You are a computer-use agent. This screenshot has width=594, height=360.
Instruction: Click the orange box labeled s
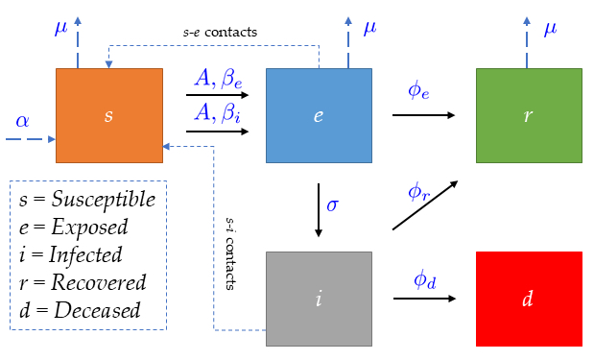click(108, 115)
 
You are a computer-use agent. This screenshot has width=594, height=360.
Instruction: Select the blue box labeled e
click(319, 115)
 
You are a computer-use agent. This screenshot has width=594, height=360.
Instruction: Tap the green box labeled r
click(528, 115)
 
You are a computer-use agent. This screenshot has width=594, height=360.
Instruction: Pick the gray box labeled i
click(319, 299)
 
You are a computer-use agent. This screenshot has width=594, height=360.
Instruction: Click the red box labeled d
click(528, 299)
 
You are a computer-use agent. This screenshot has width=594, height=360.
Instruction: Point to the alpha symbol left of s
click(22, 122)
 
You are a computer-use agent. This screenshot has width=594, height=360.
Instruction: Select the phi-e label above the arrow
click(418, 91)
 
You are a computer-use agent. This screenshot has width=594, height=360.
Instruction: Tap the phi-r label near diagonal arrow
click(418, 192)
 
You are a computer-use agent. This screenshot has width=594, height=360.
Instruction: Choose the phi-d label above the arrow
click(424, 279)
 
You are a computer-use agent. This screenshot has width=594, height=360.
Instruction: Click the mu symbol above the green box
click(550, 29)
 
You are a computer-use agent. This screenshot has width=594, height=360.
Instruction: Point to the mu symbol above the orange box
click(60, 29)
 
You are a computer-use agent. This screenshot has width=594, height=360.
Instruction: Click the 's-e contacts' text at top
click(219, 32)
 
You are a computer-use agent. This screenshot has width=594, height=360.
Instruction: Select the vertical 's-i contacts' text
click(230, 252)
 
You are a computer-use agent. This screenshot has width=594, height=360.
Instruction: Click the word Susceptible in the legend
click(104, 200)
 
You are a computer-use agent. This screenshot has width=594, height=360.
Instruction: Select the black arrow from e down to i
click(318, 209)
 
